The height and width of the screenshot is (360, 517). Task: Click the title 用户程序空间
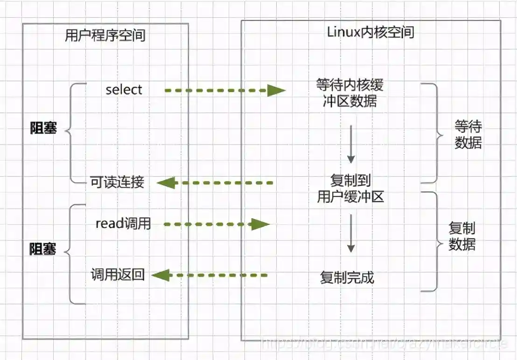(105, 35)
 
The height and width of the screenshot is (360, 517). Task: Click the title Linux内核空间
(370, 32)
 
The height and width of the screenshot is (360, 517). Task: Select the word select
(124, 90)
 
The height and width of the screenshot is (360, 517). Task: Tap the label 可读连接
(117, 182)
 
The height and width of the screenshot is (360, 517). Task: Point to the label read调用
(123, 223)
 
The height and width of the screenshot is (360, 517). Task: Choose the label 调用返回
(118, 275)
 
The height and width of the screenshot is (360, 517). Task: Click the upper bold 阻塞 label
(43, 128)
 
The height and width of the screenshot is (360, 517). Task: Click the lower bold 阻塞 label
(43, 249)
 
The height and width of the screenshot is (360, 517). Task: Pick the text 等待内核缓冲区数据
(349, 93)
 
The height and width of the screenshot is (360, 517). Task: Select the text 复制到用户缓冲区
(350, 189)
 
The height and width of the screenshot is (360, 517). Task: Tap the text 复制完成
(347, 277)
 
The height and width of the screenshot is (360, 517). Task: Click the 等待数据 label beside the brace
(468, 135)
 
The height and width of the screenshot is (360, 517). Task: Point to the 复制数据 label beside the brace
(462, 236)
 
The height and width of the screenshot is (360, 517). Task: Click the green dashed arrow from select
(224, 90)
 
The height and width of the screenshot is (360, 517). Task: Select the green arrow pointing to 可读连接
(215, 183)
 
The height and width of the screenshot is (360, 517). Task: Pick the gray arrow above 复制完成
(351, 233)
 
